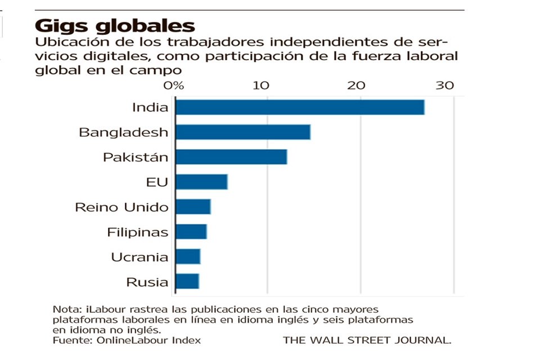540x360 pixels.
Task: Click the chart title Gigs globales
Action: click(115, 25)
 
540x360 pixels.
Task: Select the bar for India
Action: click(299, 107)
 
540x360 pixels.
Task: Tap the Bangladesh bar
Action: click(242, 132)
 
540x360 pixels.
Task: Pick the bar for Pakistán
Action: click(231, 157)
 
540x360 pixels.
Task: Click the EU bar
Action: click(201, 182)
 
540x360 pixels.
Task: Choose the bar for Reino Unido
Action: click(192, 207)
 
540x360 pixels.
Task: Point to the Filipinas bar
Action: click(191, 232)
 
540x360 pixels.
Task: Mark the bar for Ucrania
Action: click(187, 256)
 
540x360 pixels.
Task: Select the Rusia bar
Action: click(187, 281)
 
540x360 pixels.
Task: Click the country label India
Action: click(150, 107)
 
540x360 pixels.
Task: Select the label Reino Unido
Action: click(121, 207)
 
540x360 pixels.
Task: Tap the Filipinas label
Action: click(138, 232)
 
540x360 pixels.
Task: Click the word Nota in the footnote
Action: click(65, 310)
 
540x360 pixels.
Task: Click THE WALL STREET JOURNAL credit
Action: click(367, 340)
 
